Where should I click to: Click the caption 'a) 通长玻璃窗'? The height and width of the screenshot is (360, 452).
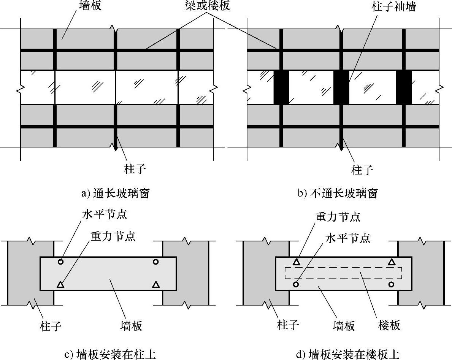(115, 193)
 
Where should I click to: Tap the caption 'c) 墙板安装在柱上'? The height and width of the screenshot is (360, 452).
(110, 354)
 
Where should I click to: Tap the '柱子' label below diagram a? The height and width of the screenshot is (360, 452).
(135, 169)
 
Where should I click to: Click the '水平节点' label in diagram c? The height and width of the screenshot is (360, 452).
(104, 214)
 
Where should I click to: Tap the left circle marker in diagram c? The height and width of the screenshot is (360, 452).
(61, 262)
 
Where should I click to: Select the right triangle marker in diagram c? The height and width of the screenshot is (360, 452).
(155, 284)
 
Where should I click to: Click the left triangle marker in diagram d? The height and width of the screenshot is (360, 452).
(297, 262)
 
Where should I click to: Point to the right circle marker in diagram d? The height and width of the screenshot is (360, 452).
(391, 284)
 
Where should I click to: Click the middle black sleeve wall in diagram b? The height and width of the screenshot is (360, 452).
(341, 87)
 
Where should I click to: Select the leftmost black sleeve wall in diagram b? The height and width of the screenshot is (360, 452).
(281, 87)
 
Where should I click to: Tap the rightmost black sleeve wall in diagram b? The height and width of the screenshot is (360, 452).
(404, 87)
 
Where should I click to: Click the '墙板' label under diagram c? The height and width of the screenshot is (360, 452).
(131, 325)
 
